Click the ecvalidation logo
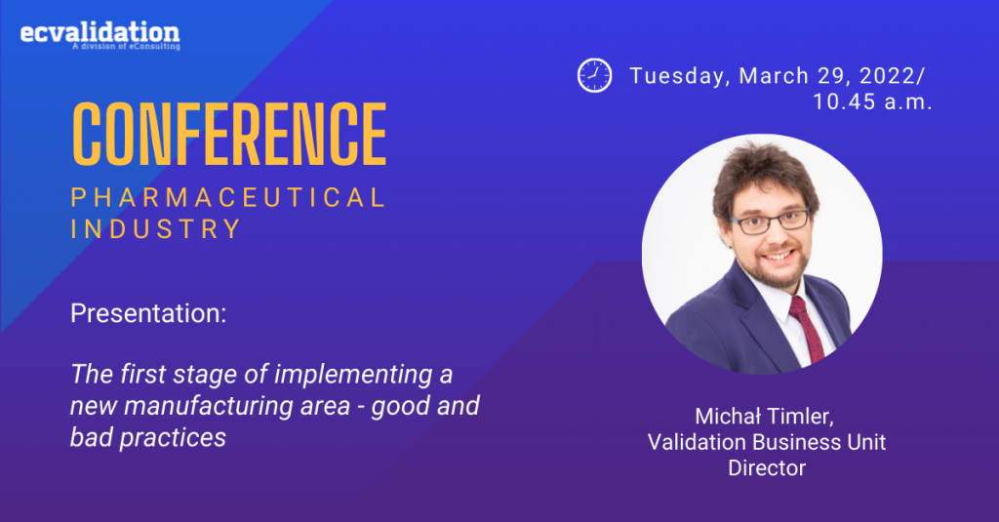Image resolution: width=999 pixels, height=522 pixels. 100,34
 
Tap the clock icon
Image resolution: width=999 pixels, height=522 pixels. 594,75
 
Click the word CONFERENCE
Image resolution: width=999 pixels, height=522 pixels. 229,134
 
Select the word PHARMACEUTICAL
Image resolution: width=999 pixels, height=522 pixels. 228,198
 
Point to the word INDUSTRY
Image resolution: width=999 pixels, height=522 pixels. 156,229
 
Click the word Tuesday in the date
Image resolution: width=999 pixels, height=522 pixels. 680,76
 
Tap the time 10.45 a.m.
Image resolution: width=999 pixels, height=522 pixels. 872,102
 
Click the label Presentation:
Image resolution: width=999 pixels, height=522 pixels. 148,313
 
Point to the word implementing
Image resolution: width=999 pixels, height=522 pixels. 353,375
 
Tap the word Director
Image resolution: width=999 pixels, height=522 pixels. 767,467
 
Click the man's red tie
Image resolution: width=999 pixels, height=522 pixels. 807,328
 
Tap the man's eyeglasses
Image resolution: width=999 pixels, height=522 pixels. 771,221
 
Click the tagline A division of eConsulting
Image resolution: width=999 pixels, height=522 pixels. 126,47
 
